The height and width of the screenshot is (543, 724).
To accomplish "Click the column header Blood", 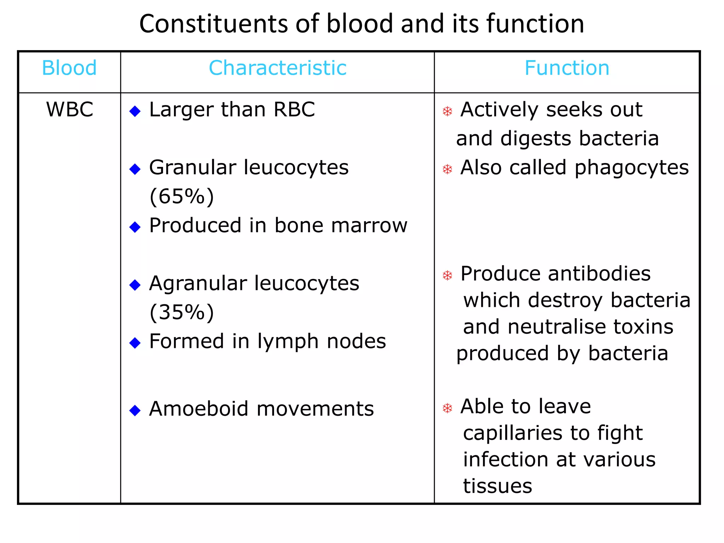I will pos(69,68).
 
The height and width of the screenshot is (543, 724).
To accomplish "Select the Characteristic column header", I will pos(278,68).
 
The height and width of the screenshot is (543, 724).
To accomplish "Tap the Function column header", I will pos(567,68).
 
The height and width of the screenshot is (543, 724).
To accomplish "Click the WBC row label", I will pos(70,109).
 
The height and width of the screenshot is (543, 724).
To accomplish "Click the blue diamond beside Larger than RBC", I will pos(135,111).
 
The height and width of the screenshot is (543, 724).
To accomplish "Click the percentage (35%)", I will pos(182,312).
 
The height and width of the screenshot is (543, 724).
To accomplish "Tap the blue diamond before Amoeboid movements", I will pos(135,410).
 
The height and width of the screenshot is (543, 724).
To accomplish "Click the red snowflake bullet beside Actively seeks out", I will pos(448,112).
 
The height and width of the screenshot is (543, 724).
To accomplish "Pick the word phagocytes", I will pos(632,168).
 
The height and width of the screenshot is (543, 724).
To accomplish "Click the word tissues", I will pos(497,486).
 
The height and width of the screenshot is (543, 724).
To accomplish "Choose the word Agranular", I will pos(198,284).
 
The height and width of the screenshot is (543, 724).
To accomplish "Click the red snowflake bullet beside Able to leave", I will pos(448,408).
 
